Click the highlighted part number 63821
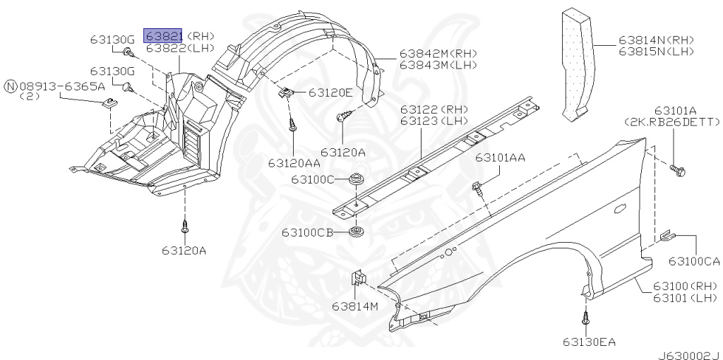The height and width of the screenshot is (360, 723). pyautogui.click(x=163, y=35)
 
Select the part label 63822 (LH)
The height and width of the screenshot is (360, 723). pyautogui.click(x=180, y=49)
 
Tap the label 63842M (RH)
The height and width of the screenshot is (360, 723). pyautogui.click(x=438, y=54)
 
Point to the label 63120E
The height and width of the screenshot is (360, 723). pyautogui.click(x=330, y=92)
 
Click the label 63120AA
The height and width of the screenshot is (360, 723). pyautogui.click(x=294, y=163)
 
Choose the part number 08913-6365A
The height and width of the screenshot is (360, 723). pyautogui.click(x=62, y=85)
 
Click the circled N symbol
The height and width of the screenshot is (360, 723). pyautogui.click(x=10, y=85)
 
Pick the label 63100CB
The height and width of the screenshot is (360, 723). pyautogui.click(x=308, y=232)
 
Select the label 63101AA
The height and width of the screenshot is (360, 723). pyautogui.click(x=501, y=158)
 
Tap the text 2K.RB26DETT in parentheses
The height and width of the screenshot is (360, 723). pyautogui.click(x=672, y=121)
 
